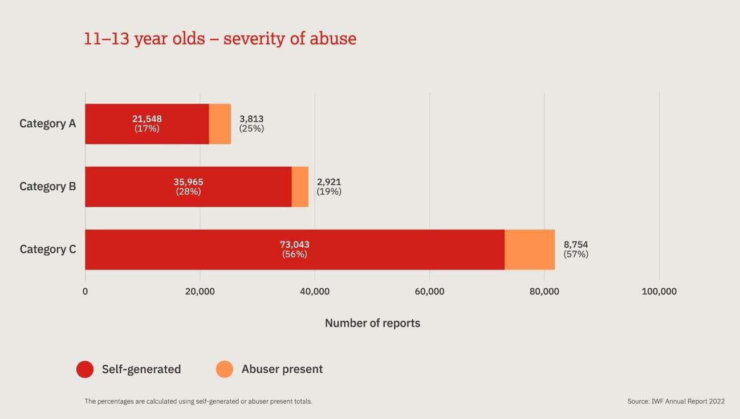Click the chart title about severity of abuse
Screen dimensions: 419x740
[x=220, y=39]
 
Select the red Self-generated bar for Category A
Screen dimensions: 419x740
[x=147, y=124]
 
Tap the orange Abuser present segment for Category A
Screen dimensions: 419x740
[x=220, y=124]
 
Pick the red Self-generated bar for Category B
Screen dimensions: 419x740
[x=188, y=187]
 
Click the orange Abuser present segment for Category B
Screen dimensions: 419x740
[x=300, y=187]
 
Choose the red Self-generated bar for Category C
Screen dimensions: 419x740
[x=294, y=249]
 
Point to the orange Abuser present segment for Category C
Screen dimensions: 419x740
[x=530, y=249]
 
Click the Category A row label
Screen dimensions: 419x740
[x=47, y=123]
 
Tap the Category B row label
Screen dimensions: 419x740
[x=47, y=186]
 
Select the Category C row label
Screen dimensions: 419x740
[x=47, y=249]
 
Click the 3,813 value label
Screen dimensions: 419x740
[x=251, y=119]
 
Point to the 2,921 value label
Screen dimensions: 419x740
[x=329, y=182]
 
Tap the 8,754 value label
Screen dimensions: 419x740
[x=576, y=245]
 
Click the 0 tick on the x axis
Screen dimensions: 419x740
[x=85, y=291]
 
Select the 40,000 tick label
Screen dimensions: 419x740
[x=315, y=291]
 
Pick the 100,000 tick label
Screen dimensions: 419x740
[x=659, y=291]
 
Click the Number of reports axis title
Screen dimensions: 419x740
[x=372, y=323]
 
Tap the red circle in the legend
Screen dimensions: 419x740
[x=85, y=369]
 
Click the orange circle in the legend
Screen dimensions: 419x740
[x=225, y=369]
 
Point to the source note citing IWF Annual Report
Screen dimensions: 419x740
[x=676, y=401]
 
